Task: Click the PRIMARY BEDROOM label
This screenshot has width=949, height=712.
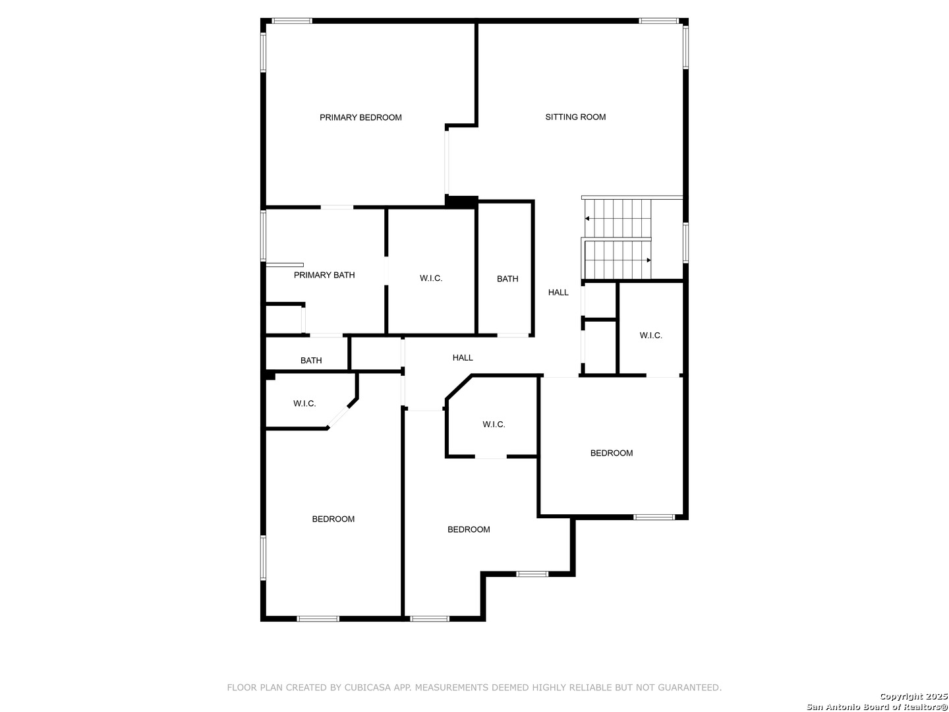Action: point(360,117)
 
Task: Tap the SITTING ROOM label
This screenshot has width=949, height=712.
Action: point(575,117)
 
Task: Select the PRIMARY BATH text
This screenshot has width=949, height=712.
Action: point(324,275)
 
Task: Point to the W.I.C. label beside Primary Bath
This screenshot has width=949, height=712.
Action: point(431,278)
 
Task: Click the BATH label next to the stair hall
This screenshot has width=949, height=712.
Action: point(507,280)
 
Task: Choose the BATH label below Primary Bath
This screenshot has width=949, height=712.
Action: point(311,361)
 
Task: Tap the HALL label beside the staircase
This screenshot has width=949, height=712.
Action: point(558,293)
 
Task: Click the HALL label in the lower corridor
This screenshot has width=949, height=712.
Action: point(463,358)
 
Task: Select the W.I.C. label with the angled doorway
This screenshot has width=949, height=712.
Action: point(305,403)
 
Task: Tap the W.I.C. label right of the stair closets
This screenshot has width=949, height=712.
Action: point(651,336)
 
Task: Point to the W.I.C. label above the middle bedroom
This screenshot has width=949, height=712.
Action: point(494,425)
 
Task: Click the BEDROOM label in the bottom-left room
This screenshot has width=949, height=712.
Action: point(333,519)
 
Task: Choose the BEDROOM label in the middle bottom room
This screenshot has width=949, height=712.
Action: point(469,529)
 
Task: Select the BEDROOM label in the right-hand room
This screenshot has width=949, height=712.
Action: point(612,453)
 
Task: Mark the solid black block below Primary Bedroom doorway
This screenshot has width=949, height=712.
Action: point(462,202)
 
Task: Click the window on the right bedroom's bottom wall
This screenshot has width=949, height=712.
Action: point(654,517)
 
